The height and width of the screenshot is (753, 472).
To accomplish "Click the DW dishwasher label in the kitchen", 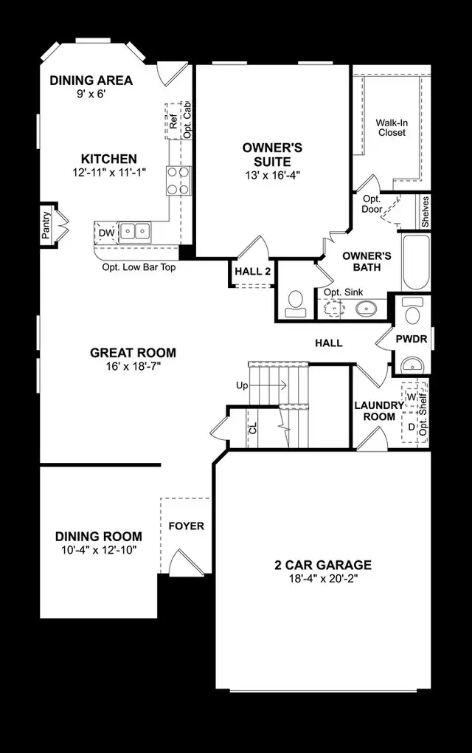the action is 106,233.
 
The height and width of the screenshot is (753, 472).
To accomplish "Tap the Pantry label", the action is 46,225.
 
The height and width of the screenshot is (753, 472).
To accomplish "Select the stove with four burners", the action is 179,180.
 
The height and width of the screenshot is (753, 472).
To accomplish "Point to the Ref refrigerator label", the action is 173,122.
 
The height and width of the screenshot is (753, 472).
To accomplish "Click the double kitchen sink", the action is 135,232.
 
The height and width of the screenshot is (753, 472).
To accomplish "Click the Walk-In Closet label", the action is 392,128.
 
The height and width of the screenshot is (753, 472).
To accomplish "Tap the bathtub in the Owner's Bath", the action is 416,262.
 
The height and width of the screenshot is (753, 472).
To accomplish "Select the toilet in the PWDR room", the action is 413,311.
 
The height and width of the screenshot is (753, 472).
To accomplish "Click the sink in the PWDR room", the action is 412,365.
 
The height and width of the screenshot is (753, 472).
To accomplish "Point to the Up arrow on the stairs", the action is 268,385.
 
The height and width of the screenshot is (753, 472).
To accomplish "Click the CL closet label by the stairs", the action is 253,428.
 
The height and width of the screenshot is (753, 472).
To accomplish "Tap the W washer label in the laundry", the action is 411,397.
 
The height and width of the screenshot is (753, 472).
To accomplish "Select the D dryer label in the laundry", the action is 411,427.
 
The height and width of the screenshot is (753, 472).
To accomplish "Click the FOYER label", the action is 187,526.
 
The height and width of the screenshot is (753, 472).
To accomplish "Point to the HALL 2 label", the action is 253,272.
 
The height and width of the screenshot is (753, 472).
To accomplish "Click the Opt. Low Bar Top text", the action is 139,267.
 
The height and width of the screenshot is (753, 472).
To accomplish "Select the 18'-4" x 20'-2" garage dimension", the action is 323,579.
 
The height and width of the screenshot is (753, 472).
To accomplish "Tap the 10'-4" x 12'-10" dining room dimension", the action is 99,550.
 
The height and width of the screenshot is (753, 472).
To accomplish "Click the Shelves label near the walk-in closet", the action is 425,212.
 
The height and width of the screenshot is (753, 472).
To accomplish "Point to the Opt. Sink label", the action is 343,292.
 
